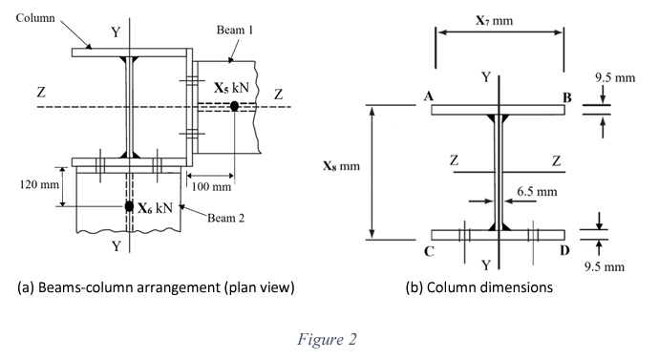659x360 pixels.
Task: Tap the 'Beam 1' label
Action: point(234,31)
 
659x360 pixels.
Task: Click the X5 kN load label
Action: point(232,88)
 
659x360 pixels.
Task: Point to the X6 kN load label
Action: point(155,207)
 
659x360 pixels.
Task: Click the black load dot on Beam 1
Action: point(234,106)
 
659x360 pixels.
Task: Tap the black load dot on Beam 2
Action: point(129,206)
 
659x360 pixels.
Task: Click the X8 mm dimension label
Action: point(342,166)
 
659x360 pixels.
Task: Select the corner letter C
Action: point(430,252)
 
